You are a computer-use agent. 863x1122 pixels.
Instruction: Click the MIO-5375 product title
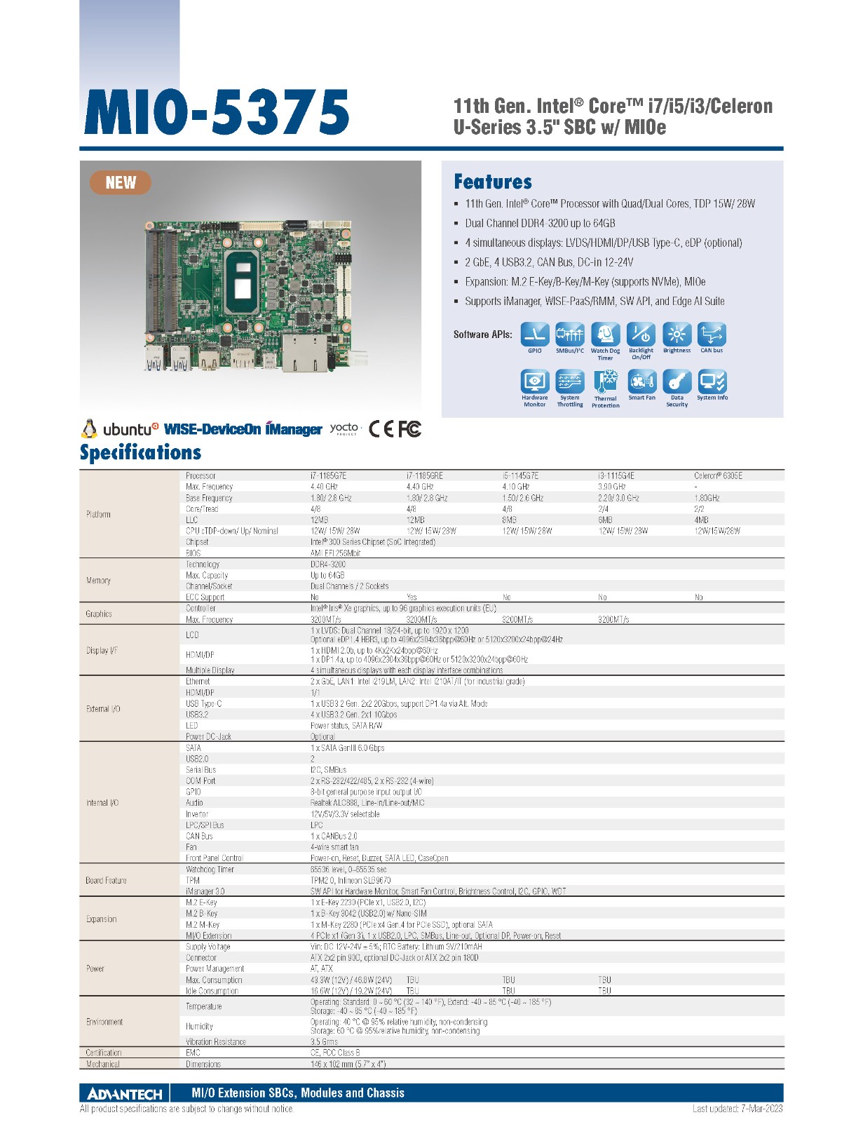pyautogui.click(x=217, y=112)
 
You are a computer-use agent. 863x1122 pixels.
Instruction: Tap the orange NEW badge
pyautogui.click(x=121, y=183)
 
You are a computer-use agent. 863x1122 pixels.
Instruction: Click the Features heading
pyautogui.click(x=493, y=182)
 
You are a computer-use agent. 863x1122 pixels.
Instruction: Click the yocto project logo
pyautogui.click(x=344, y=428)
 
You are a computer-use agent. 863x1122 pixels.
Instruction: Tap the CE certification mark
pyautogui.click(x=381, y=428)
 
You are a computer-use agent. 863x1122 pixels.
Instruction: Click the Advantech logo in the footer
pyautogui.click(x=125, y=1094)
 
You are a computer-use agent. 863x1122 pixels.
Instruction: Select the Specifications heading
pyautogui.click(x=140, y=452)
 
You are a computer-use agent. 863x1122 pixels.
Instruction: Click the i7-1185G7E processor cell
pyautogui.click(x=328, y=475)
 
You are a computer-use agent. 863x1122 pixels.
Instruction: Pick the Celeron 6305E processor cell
pyautogui.click(x=718, y=475)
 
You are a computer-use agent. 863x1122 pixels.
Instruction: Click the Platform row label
pyautogui.click(x=98, y=514)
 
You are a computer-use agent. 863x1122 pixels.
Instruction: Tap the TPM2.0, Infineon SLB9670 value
pyautogui.click(x=351, y=880)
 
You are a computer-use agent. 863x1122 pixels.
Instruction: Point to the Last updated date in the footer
pyautogui.click(x=738, y=1109)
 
